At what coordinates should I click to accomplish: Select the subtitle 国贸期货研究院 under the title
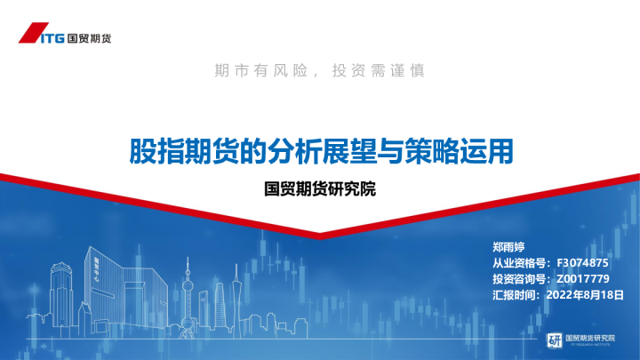tap(321, 189)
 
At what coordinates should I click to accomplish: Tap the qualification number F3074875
tap(582, 264)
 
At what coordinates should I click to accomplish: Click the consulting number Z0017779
tap(582, 279)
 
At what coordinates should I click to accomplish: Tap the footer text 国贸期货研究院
tap(590, 337)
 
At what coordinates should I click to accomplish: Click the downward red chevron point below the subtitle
tap(320, 233)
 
